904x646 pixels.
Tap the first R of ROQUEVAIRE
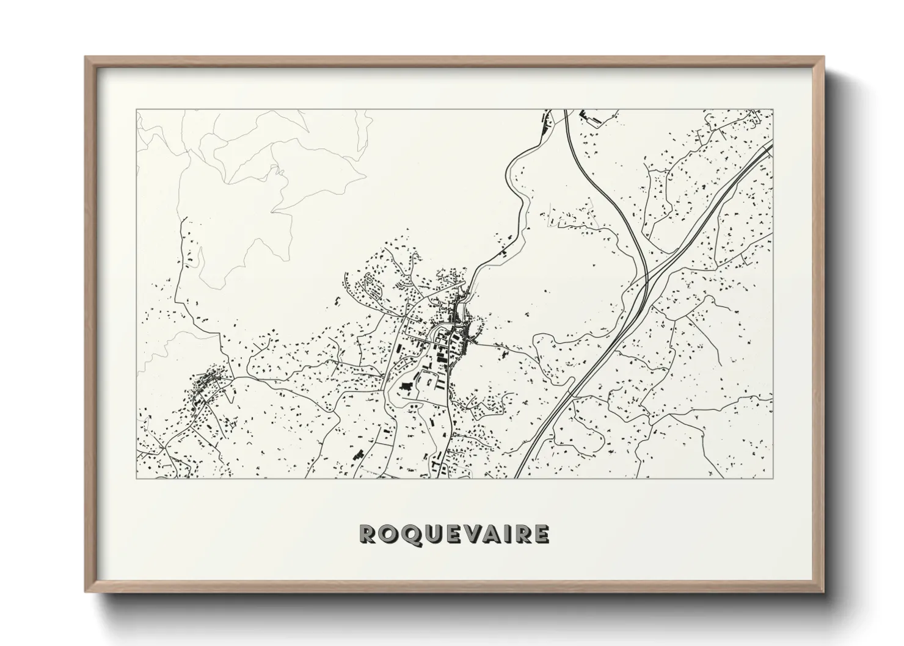pos(370,534)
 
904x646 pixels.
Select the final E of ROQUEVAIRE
pos(541,534)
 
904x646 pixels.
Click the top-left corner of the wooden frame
pos(86,57)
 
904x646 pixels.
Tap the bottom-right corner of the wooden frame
pos(824,592)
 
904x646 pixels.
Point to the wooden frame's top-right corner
pos(824,57)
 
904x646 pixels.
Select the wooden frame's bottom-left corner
pos(86,592)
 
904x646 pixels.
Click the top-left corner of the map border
pos(136,110)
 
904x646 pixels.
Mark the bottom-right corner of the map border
pos(773,479)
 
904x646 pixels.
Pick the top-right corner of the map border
pos(773,110)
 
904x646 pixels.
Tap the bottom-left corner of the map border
pos(136,479)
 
